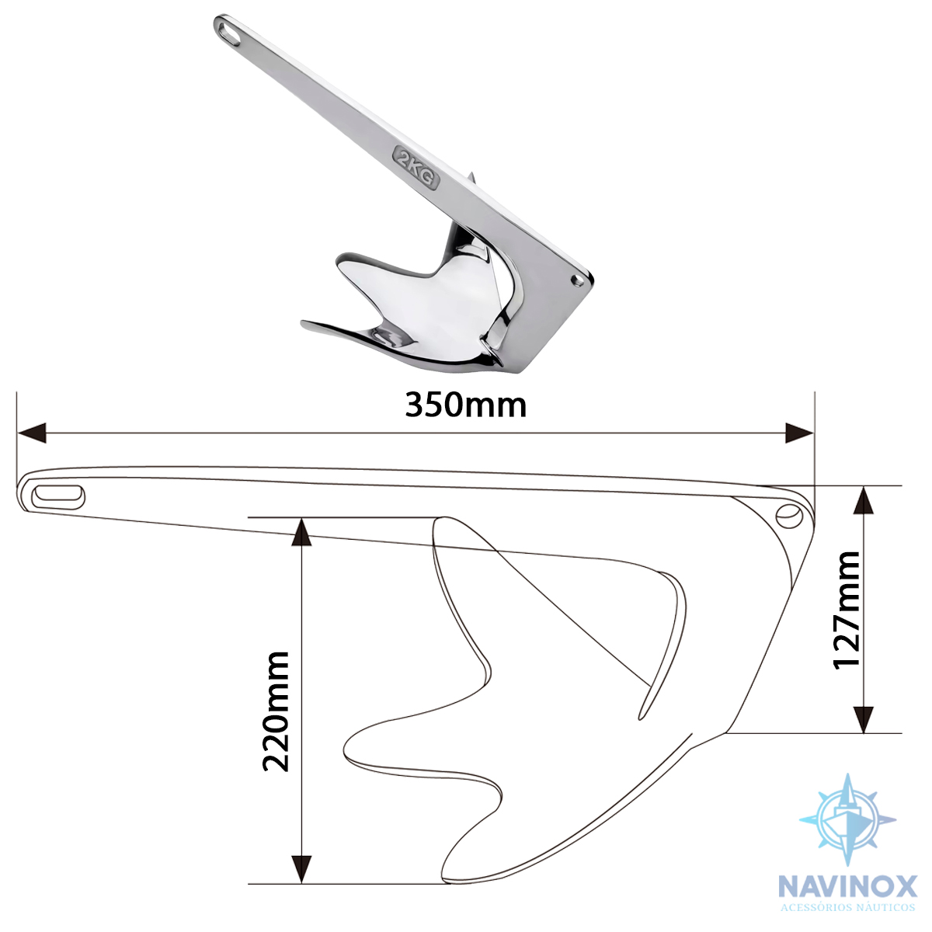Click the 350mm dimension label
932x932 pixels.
(465, 405)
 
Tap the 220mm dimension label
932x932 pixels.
(276, 711)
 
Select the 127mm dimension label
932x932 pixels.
(846, 610)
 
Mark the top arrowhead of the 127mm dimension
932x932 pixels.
(864, 501)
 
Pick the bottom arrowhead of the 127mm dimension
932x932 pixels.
(864, 718)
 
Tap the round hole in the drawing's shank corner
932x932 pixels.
(788, 514)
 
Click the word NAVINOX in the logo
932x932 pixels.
(848, 886)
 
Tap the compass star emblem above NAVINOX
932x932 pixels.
(847, 819)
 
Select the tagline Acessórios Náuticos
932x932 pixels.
(848, 907)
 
